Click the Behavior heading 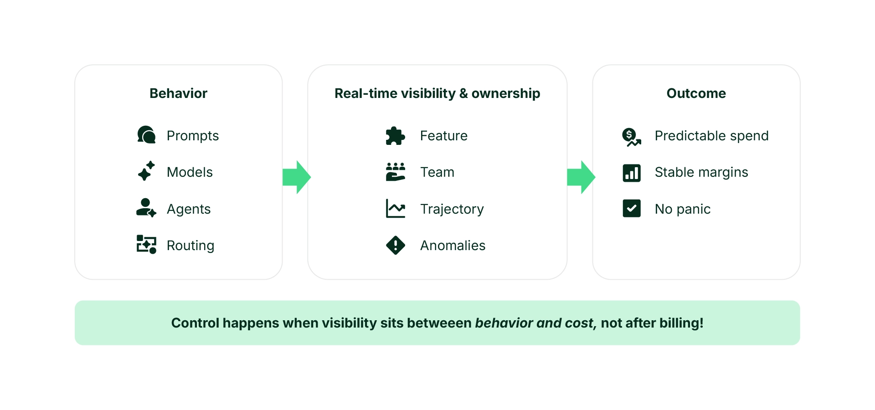(x=178, y=93)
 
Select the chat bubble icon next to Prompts (x=146, y=135)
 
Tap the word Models (x=190, y=172)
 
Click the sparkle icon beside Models (x=146, y=171)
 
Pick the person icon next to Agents (x=146, y=208)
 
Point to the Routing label (x=190, y=246)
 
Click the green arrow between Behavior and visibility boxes (x=296, y=177)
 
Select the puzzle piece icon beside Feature (x=395, y=136)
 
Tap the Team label (x=437, y=172)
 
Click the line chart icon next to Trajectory (x=395, y=209)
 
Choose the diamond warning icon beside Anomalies (x=395, y=246)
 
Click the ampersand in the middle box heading (x=463, y=93)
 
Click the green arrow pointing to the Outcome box (x=581, y=177)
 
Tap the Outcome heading (x=696, y=93)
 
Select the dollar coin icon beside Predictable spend (x=631, y=136)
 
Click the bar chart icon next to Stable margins (x=631, y=173)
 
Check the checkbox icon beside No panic (x=631, y=209)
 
